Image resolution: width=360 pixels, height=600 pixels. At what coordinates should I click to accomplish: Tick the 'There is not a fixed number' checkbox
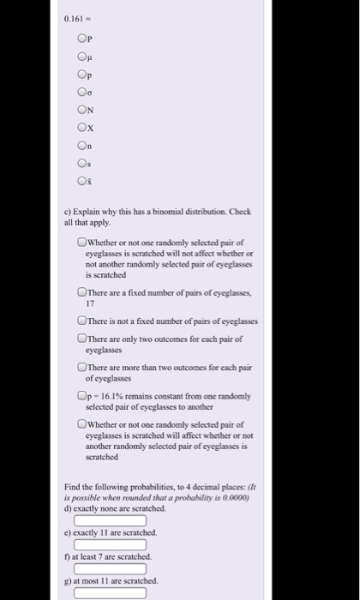(x=81, y=321)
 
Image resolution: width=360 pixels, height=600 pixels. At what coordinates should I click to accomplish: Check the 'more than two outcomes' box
(x=81, y=367)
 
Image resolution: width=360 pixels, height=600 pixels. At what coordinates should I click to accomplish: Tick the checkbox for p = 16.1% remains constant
(x=81, y=396)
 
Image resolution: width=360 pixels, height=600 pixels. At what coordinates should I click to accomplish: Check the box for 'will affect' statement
(x=81, y=424)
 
